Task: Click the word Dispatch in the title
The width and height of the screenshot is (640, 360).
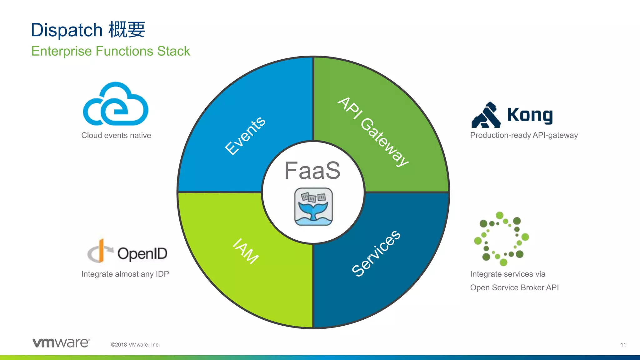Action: [x=67, y=30]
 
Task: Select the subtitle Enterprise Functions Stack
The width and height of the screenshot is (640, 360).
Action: [x=111, y=51]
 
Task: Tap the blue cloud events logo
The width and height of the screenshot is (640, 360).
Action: [x=116, y=104]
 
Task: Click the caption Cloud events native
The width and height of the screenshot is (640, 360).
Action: [x=116, y=135]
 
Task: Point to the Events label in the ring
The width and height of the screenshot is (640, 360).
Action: [x=245, y=136]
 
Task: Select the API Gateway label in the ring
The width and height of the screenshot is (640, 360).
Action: [x=373, y=132]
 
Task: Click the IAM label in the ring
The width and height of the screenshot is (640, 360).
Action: [x=246, y=251]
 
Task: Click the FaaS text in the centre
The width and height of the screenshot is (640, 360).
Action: [x=312, y=171]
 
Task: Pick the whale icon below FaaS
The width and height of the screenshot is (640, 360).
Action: [x=313, y=207]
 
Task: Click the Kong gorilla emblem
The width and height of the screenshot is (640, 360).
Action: [x=486, y=115]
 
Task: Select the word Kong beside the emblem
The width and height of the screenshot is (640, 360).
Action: [x=530, y=115]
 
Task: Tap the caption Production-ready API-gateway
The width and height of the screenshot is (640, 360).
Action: [x=524, y=135]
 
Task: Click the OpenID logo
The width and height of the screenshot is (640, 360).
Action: [x=127, y=252]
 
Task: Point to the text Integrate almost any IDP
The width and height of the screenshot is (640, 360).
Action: [x=125, y=274]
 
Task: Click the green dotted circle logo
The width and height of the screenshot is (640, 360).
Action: [x=501, y=239]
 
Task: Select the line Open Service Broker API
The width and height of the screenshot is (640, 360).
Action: [x=514, y=287]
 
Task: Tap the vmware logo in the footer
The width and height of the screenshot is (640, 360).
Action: [x=61, y=342]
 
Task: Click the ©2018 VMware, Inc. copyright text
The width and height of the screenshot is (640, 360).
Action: [x=135, y=345]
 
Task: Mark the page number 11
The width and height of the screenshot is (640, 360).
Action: [x=623, y=345]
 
